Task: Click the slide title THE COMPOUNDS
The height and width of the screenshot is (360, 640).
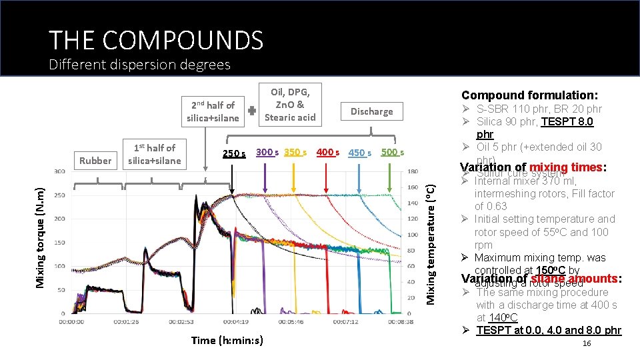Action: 156,40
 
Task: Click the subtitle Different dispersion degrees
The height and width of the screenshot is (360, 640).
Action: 139,65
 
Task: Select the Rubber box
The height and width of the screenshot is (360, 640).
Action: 96,160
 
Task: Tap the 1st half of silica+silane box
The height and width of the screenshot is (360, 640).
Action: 154,154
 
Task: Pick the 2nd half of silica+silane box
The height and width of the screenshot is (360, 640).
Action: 213,111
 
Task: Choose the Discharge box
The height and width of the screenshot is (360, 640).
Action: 371,111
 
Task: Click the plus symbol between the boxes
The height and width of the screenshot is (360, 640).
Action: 253,111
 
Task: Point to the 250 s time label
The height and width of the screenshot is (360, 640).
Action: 233,153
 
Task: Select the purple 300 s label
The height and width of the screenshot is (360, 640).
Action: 267,152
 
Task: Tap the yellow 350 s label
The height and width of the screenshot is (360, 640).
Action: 295,152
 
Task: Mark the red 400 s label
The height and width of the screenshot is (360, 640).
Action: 328,152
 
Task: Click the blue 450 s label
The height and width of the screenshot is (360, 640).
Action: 360,153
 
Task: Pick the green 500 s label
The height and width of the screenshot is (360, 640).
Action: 393,152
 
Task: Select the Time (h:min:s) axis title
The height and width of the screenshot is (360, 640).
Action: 227,341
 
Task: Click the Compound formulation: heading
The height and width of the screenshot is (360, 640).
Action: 529,95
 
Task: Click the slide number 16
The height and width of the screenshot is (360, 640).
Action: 587,343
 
